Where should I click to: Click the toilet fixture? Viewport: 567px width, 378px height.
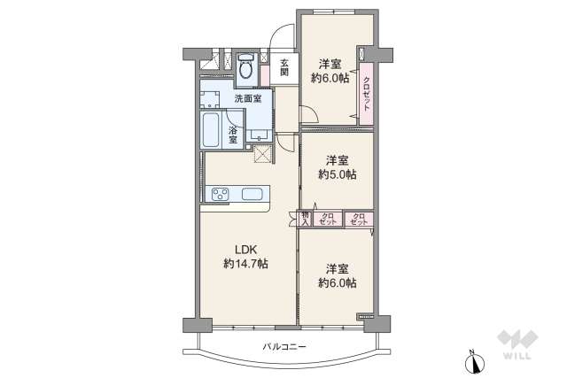[x=247, y=66]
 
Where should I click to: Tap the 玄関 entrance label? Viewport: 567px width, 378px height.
[x=285, y=67]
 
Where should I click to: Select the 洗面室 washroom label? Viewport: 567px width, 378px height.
[x=248, y=98]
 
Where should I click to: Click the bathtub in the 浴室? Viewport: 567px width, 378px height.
[x=211, y=130]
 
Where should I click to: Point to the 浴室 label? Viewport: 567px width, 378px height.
[x=233, y=135]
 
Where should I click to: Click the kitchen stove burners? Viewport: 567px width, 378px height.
[x=221, y=195]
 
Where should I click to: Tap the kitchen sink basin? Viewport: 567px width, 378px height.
[x=252, y=195]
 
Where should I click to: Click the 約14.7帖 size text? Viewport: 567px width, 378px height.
[x=246, y=264]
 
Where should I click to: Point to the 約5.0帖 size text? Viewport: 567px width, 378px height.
[x=338, y=174]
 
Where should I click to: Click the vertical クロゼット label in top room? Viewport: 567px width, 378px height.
[x=366, y=94]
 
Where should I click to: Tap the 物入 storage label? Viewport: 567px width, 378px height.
[x=306, y=219]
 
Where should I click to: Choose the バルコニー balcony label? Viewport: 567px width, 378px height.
[x=284, y=347]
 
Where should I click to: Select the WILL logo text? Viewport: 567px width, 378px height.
[x=517, y=356]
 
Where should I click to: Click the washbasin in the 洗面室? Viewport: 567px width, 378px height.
[x=259, y=135]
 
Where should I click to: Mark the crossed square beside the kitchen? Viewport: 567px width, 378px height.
[x=263, y=154]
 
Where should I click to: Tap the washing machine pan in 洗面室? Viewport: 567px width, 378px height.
[x=210, y=99]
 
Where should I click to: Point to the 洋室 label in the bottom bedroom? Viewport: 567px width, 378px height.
[x=337, y=269]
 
